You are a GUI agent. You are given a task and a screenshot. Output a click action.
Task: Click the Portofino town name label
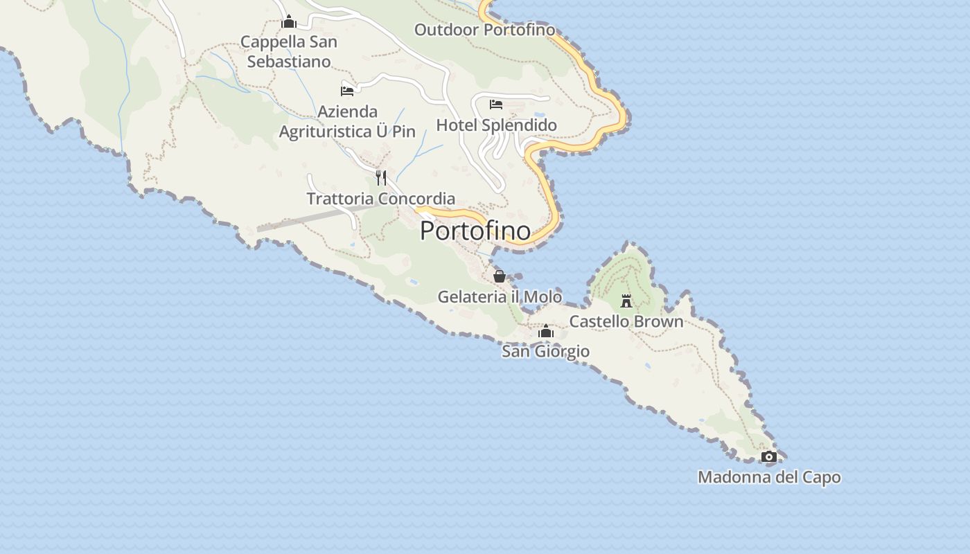coord(475,231)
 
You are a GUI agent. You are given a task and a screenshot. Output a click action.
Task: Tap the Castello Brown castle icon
coord(626,301)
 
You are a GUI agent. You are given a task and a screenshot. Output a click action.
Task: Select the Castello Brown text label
coord(626,321)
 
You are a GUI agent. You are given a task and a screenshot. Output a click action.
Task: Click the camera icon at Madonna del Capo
coord(768,456)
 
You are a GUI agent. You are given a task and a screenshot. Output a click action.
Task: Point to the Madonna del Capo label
coord(769,477)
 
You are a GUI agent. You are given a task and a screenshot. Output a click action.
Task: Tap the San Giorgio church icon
coord(546,332)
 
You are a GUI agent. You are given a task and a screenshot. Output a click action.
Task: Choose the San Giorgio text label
coord(546,351)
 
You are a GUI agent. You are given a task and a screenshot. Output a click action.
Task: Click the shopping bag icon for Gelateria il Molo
coord(499,276)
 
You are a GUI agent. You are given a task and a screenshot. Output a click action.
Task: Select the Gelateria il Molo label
coord(500,296)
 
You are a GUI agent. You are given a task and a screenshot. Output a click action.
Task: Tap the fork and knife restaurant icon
coord(381,178)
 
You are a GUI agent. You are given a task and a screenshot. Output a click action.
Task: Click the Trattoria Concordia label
coord(381,199)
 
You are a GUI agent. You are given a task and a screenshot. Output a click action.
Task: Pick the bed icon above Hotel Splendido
coord(496,105)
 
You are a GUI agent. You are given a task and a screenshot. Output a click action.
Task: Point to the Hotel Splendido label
coord(496,125)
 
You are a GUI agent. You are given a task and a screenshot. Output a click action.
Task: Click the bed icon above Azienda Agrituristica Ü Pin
coord(347,91)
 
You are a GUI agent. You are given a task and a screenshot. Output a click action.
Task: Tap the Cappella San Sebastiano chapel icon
coord(289,22)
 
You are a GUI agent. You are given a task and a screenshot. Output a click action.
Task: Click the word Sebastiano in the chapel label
coord(289,62)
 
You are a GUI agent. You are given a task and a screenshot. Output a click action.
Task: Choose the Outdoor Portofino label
coord(484,30)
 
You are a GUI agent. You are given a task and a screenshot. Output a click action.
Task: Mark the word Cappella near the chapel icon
coord(270,42)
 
